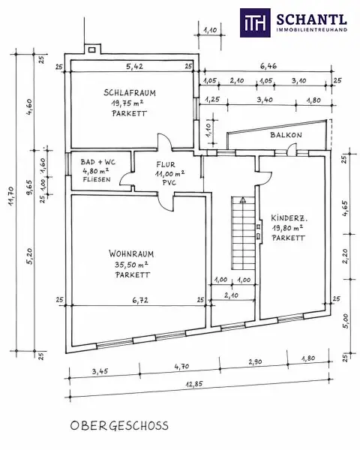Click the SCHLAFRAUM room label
tap(130, 93)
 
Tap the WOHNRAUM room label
tap(131, 253)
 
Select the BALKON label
tap(286, 135)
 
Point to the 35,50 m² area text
tap(131, 264)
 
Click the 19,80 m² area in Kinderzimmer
tap(288, 228)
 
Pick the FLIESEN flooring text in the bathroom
tap(97, 180)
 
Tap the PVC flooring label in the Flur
tap(169, 182)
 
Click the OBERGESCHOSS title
tap(119, 425)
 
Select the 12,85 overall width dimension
tap(194, 384)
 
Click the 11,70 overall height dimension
tap(11, 196)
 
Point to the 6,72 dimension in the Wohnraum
tap(140, 301)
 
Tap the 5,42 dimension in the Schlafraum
tap(135, 67)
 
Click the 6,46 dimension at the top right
tap(268, 66)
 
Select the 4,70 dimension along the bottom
tap(181, 367)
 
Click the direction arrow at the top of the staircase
tap(243, 200)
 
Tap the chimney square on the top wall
tap(91, 50)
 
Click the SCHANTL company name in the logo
tap(311, 19)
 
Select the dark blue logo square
tap(255, 22)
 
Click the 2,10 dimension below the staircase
tap(231, 295)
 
